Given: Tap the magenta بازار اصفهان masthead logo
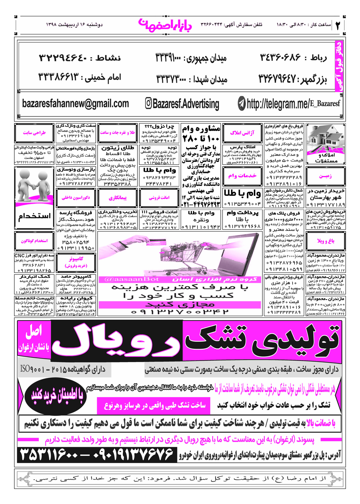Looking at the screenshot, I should (165, 24).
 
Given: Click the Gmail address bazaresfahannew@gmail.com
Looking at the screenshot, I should (76, 104).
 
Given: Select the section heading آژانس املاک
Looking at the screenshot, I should (242, 133).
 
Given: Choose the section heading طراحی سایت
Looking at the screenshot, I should (35, 133).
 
